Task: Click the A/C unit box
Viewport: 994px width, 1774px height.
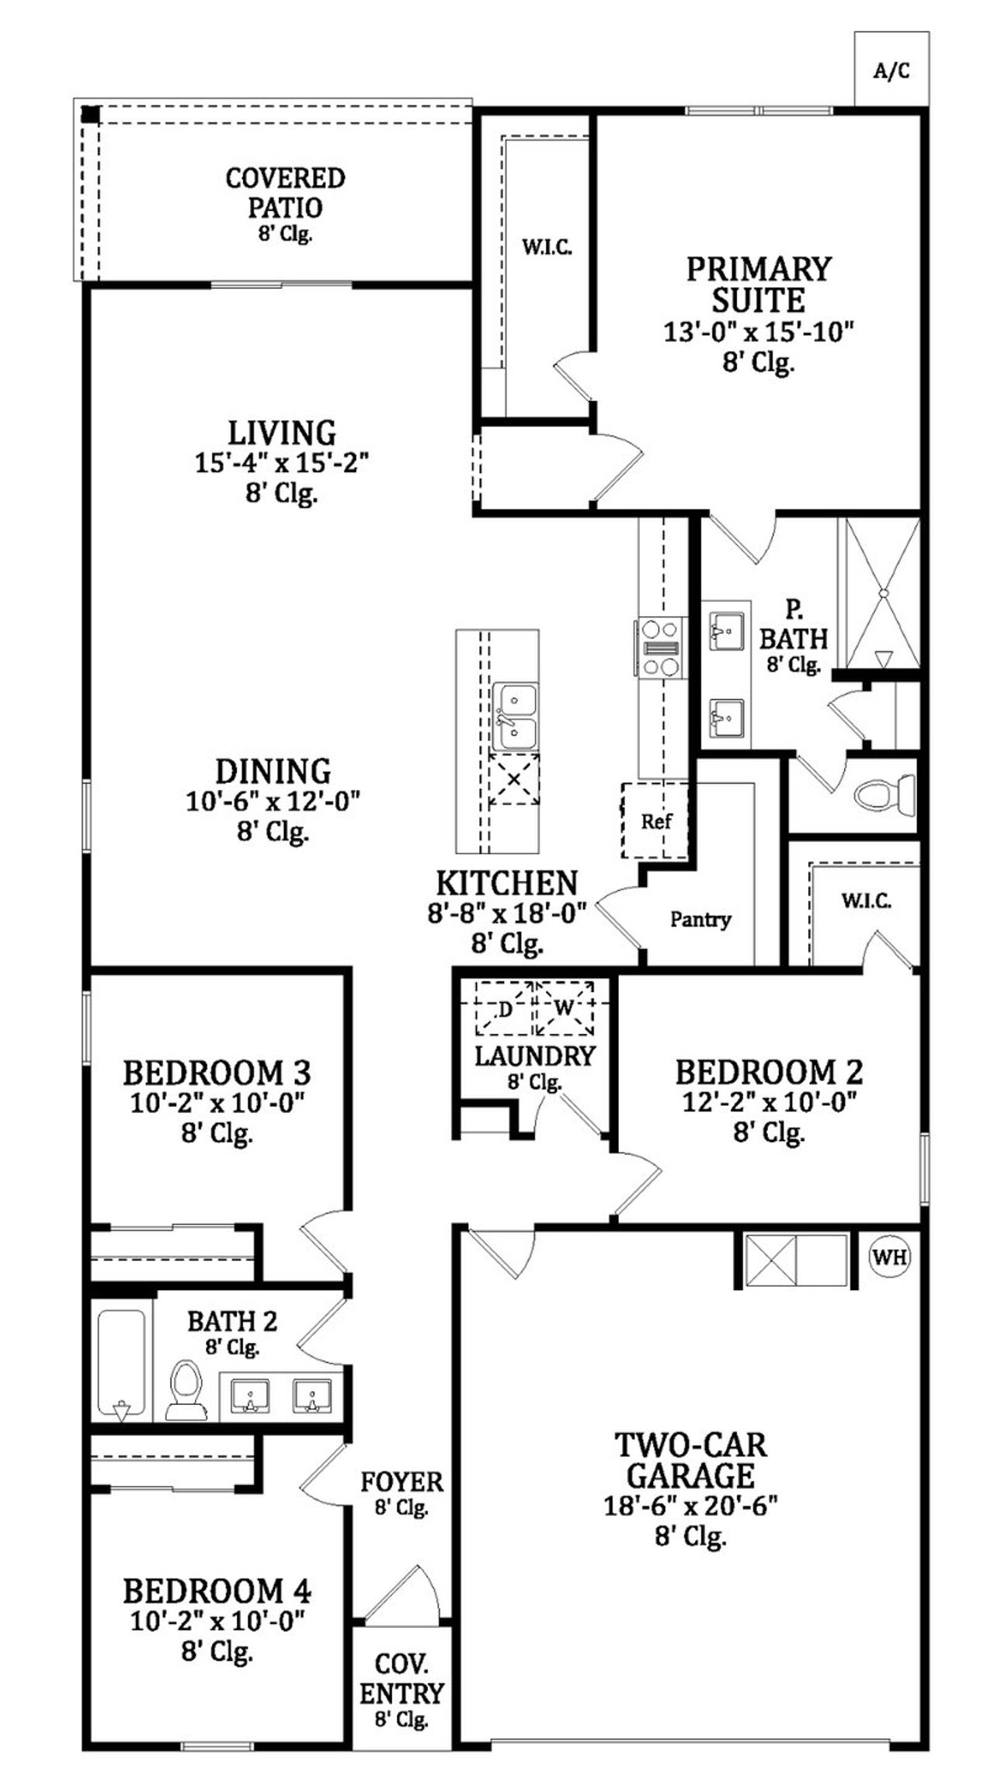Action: point(891,70)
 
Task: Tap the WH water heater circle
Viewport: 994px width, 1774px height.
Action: point(890,1257)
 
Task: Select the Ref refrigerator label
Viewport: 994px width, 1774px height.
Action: point(656,821)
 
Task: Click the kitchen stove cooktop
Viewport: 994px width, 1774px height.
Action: point(660,647)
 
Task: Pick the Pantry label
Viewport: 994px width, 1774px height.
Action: point(700,920)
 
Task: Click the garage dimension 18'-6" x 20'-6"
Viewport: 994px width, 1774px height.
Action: point(690,1506)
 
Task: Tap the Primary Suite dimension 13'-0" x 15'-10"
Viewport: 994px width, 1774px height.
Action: point(758,332)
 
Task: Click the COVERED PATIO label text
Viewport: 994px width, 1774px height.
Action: point(285,193)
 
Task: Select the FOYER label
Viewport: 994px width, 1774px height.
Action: point(401,1482)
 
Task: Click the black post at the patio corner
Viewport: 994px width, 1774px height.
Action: point(91,114)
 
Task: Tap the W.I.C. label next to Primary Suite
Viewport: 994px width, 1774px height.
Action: point(547,248)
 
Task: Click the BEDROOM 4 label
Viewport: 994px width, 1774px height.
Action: point(217,1591)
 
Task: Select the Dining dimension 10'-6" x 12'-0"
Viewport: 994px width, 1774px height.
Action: point(273,801)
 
